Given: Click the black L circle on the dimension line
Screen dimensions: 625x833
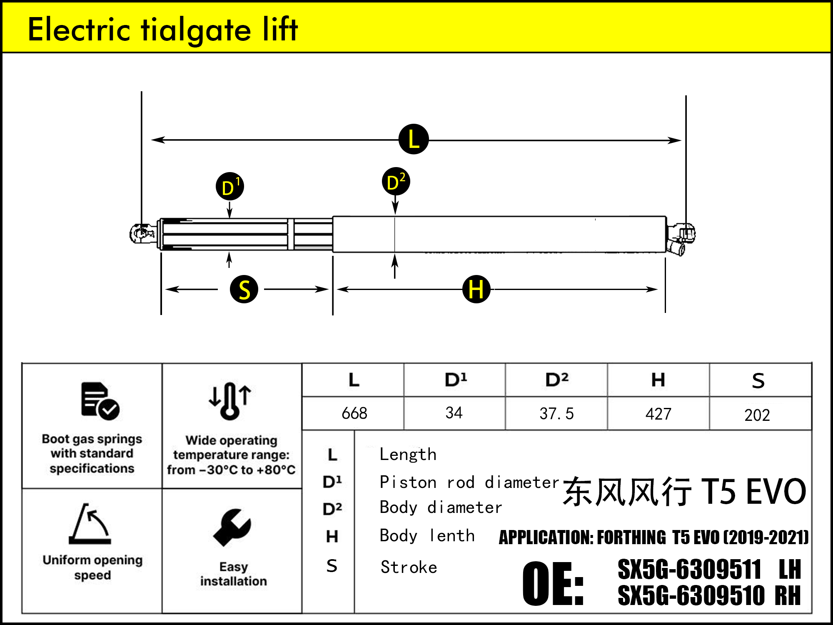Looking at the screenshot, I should point(413,139).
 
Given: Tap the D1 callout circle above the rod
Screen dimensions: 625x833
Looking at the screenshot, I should point(229,186).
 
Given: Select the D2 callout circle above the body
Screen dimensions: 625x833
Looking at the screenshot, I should point(396,182).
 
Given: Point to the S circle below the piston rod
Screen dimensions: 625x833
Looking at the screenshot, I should point(244,289).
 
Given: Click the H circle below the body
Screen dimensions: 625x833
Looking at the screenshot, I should point(476,289).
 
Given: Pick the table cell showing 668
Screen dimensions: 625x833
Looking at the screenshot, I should point(354,413).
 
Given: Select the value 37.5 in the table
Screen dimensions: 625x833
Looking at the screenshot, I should point(556,414).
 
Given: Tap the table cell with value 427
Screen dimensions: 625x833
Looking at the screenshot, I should point(658,414).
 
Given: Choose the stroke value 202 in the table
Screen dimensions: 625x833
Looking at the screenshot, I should point(757,415).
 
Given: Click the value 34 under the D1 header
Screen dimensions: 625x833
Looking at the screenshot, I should point(454,413).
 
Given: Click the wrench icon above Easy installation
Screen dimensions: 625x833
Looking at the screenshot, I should point(232,527).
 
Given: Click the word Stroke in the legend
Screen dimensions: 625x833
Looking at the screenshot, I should point(409,567).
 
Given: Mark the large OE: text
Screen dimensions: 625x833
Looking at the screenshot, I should point(553,583).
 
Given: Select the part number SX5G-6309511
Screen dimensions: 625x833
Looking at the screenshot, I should point(689,570).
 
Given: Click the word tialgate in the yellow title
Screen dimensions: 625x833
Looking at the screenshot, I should point(196,30).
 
